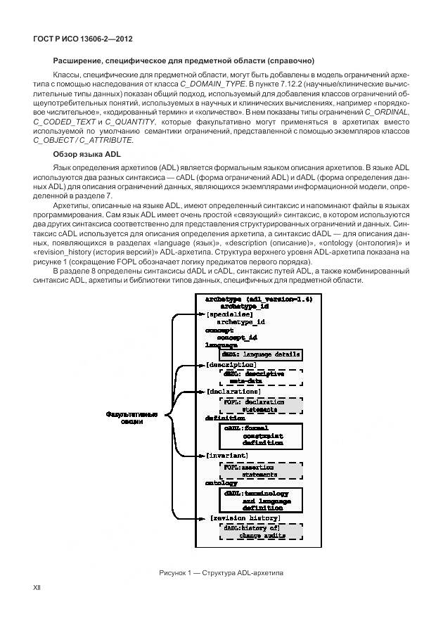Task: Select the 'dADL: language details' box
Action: click(x=261, y=354)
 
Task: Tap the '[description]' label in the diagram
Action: click(x=230, y=365)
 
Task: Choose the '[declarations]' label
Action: click(x=233, y=391)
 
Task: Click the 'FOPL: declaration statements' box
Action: click(x=260, y=405)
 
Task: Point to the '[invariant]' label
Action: click(x=227, y=456)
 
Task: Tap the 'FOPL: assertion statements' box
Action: click(x=260, y=470)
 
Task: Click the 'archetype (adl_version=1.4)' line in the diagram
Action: click(x=258, y=299)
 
